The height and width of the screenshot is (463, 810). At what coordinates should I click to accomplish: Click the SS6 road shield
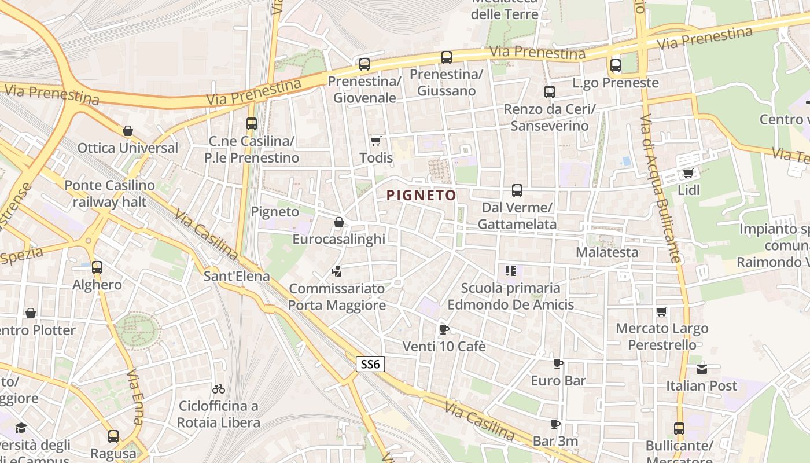click(370, 364)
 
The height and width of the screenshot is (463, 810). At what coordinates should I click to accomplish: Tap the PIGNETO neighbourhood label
click(421, 196)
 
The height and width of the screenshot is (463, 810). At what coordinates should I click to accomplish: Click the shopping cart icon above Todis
click(376, 141)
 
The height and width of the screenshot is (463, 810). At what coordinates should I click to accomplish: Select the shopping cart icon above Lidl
click(688, 173)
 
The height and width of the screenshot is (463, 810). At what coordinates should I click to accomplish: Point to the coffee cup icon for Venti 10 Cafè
click(444, 330)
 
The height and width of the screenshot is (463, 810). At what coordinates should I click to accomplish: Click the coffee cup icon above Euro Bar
click(558, 363)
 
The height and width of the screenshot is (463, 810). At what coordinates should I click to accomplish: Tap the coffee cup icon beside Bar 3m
click(555, 425)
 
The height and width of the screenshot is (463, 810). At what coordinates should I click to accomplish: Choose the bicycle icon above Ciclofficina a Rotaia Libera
click(219, 389)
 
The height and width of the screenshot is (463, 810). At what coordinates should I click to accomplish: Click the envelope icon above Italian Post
click(701, 369)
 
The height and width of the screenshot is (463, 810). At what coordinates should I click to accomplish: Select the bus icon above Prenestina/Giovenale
click(364, 64)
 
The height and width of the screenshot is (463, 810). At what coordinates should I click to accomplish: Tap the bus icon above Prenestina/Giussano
click(446, 57)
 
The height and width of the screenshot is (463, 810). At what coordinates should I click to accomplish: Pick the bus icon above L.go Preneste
click(616, 65)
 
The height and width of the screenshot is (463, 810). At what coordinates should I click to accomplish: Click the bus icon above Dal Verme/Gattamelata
click(517, 190)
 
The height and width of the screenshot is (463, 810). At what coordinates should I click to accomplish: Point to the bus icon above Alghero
click(97, 267)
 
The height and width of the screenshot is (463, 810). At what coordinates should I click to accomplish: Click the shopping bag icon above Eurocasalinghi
click(339, 222)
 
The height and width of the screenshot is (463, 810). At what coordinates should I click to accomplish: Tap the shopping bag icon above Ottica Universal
click(128, 131)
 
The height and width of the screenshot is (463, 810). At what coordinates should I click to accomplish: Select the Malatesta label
click(607, 252)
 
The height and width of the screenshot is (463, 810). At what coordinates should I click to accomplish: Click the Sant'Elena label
click(237, 276)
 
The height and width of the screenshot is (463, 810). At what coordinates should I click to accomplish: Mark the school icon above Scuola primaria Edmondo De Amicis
click(510, 271)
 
